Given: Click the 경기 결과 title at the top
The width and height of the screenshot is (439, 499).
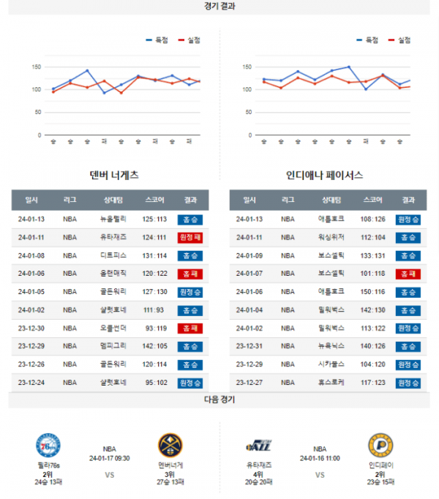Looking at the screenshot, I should click(219, 6).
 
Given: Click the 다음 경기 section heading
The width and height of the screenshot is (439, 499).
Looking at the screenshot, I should click(219, 399).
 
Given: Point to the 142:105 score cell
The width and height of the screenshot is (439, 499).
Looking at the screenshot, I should click(155, 345).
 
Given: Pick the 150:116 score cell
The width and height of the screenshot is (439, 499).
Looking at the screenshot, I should click(372, 290).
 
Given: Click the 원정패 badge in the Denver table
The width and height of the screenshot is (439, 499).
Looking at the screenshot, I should click(190, 237).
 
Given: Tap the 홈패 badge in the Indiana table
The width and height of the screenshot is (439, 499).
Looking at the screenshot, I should click(408, 274).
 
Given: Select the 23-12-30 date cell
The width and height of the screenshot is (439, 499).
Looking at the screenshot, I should click(32, 327).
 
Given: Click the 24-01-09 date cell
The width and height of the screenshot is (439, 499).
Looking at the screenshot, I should click(249, 255).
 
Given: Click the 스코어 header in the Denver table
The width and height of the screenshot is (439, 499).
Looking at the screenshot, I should click(155, 200).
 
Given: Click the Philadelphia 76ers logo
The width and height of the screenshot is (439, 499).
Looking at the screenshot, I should click(48, 446).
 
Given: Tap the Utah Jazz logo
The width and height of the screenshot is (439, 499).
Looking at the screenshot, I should click(260, 445).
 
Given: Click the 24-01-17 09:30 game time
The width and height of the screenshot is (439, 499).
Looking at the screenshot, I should click(109, 459).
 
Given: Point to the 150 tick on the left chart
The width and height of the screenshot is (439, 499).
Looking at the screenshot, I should click(36, 67).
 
